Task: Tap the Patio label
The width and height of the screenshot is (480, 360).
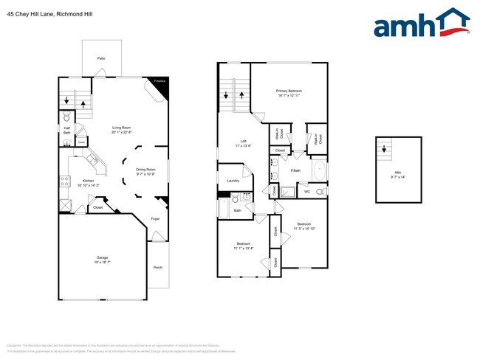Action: [x=100, y=58]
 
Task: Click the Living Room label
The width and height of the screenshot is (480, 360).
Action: [x=122, y=129]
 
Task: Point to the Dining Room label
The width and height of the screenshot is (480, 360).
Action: [x=145, y=170]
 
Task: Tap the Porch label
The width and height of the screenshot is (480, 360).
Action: [x=158, y=267]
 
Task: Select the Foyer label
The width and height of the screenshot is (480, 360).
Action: [x=156, y=219]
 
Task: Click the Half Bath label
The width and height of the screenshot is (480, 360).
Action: [x=66, y=130]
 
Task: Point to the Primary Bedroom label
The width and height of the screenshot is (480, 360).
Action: [x=289, y=91]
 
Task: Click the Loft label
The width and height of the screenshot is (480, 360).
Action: [x=243, y=142]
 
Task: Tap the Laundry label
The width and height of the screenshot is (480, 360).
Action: [x=233, y=181]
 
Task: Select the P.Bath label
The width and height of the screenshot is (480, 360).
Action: [x=295, y=170]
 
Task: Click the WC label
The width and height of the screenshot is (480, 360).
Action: [x=307, y=192]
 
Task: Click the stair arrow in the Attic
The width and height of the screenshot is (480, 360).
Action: [x=383, y=148]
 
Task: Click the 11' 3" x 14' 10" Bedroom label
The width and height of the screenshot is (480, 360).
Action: [x=304, y=225]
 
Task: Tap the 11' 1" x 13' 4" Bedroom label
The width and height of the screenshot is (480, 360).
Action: [x=244, y=245]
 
